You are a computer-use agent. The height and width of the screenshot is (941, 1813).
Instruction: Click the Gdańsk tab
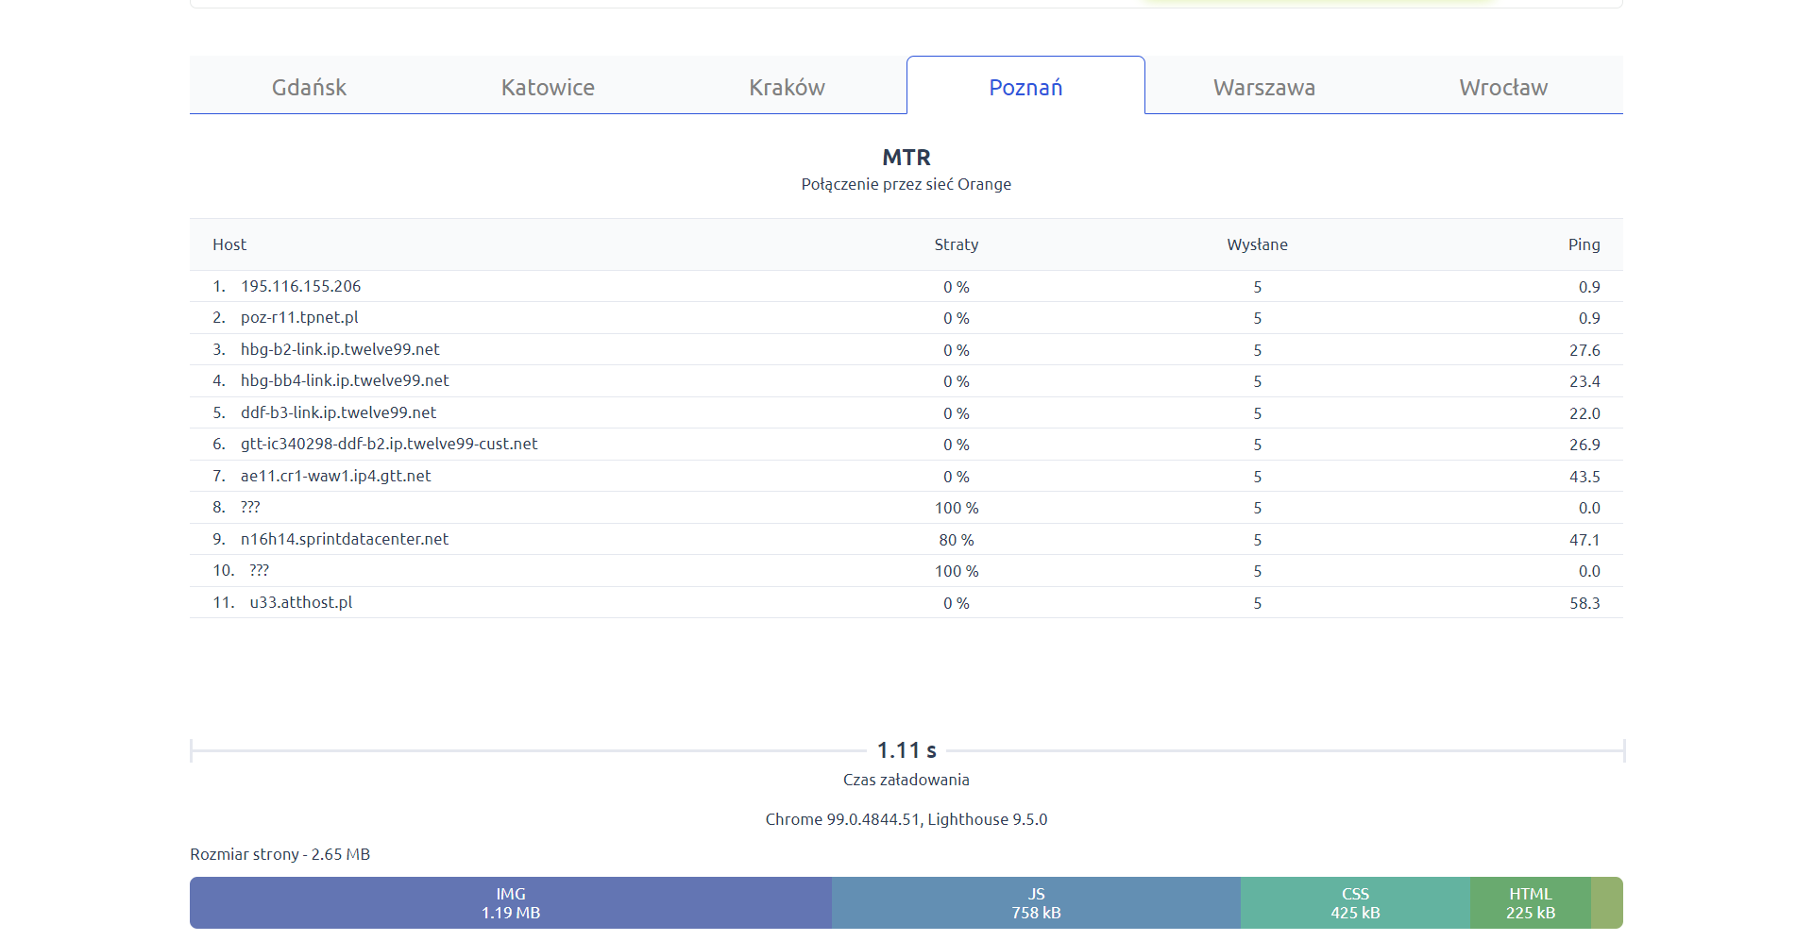[309, 87]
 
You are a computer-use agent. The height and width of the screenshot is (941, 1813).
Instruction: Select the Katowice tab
[548, 87]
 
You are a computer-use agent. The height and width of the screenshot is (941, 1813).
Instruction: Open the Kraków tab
[787, 87]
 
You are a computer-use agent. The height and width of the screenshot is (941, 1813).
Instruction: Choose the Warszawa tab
[1263, 87]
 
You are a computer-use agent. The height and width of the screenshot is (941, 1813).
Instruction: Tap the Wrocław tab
[1502, 87]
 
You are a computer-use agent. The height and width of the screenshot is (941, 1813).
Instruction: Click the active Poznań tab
[1025, 87]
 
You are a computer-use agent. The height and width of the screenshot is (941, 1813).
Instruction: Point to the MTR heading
[906, 157]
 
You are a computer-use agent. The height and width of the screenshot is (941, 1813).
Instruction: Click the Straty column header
[956, 244]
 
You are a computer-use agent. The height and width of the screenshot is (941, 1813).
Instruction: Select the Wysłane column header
[1257, 244]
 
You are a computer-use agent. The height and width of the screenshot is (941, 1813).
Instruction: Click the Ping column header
[1584, 244]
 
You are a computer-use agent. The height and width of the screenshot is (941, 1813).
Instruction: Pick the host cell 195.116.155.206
[300, 286]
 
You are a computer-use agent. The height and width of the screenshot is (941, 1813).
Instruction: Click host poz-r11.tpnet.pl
[299, 317]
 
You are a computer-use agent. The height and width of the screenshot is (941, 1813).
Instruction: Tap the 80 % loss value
[956, 540]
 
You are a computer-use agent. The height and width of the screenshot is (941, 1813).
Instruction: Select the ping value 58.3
[1584, 603]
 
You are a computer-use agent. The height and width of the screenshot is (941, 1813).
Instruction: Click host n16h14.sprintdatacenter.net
[345, 539]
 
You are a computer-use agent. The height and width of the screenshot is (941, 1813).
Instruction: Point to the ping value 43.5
[1584, 477]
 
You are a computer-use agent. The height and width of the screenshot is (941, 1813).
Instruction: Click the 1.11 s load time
[906, 750]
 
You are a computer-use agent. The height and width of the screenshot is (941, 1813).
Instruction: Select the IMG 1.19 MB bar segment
[511, 903]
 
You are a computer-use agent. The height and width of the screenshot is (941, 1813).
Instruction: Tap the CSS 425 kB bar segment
[1355, 903]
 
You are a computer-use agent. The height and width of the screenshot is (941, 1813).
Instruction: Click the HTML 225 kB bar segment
[1530, 903]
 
